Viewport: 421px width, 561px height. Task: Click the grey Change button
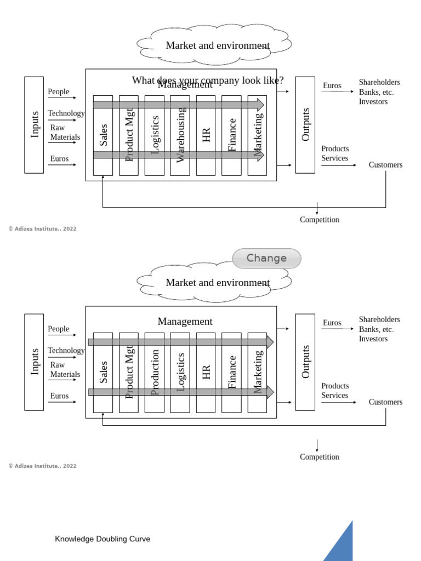pyautogui.click(x=266, y=259)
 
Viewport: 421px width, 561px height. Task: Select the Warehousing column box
pyautogui.click(x=180, y=136)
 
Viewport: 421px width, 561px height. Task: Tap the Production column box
pyautogui.click(x=154, y=373)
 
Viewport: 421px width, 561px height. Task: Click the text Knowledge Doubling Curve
pyautogui.click(x=103, y=539)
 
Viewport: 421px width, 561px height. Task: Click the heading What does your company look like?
pyautogui.click(x=208, y=80)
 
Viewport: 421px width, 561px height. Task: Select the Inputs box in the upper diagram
pyautogui.click(x=34, y=125)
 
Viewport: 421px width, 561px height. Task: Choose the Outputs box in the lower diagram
pyautogui.click(x=305, y=362)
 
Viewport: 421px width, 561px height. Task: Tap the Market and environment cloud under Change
pyautogui.click(x=217, y=283)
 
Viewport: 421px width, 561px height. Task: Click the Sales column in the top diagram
pyautogui.click(x=103, y=136)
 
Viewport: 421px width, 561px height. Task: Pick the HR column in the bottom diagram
pyautogui.click(x=206, y=373)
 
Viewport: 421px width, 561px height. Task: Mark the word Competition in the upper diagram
pyautogui.click(x=319, y=220)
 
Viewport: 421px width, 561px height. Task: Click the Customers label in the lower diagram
pyautogui.click(x=385, y=402)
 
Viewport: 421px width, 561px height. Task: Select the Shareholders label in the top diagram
pyautogui.click(x=379, y=82)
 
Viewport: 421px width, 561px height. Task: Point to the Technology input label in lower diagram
pyautogui.click(x=66, y=351)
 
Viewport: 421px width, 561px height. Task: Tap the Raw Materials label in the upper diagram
pyautogui.click(x=65, y=133)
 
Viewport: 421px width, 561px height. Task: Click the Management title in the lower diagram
pyautogui.click(x=185, y=322)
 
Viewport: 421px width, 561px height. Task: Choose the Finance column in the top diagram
pyautogui.click(x=231, y=136)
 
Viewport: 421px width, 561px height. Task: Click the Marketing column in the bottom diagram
pyautogui.click(x=257, y=373)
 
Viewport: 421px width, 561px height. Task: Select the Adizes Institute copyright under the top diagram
pyautogui.click(x=42, y=229)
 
